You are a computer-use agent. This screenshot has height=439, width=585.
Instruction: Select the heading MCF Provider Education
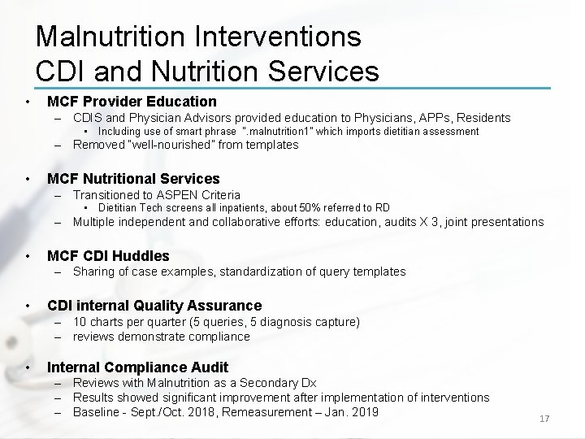[132, 102]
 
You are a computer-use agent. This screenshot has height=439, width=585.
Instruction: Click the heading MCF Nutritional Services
[133, 178]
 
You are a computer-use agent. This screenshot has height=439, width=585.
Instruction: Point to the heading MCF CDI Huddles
[108, 255]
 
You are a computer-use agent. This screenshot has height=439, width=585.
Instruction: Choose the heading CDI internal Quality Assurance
[154, 306]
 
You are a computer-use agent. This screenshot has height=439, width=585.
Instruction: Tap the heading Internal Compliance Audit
[137, 367]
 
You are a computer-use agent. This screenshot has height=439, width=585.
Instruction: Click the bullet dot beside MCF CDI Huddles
[28, 255]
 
